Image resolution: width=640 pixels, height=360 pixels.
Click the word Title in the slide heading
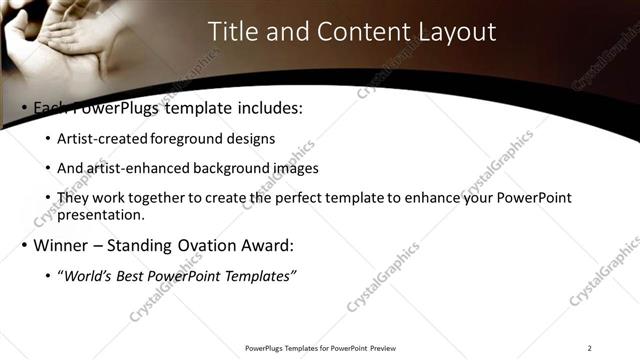tap(231, 32)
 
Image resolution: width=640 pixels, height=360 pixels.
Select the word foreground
tap(185, 138)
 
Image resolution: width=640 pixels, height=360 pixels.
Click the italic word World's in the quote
tap(91, 276)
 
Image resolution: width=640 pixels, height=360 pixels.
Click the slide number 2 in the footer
tap(590, 348)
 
